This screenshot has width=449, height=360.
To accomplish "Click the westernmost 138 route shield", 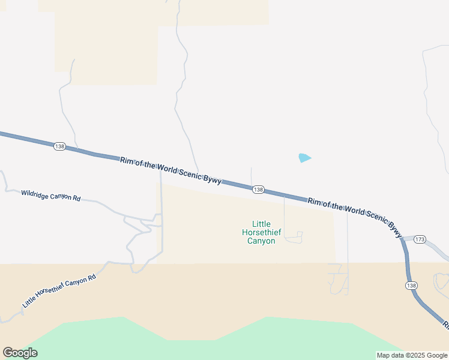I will [59, 146].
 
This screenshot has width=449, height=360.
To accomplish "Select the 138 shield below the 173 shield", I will [411, 286].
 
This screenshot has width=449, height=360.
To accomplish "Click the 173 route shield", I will [420, 240].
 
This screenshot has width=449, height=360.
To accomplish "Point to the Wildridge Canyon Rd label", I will [50, 196].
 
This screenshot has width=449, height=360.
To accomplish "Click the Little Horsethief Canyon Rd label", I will [59, 292].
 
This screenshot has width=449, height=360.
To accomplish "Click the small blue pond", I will [304, 158].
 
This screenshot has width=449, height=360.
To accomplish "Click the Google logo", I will [20, 353].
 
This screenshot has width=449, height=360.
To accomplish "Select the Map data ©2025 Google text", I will [412, 355].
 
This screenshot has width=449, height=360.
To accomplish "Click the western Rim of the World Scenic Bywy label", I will [171, 170].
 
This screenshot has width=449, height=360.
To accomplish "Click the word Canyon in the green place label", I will [261, 241].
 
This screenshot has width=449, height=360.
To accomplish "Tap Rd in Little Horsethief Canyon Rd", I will [92, 278].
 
